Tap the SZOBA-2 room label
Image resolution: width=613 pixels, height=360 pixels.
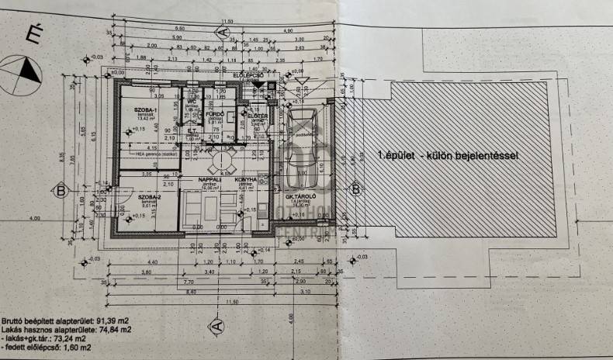coord(150,197)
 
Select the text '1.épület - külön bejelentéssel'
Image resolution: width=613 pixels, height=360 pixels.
coord(447,156)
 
